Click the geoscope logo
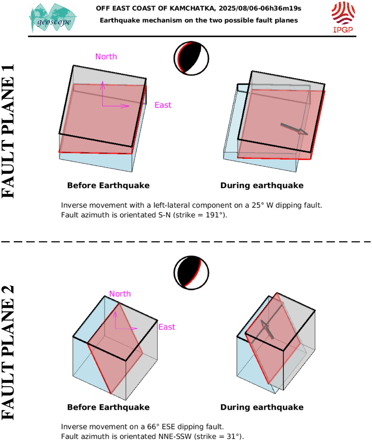pyautogui.click(x=53, y=18)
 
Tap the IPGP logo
pyautogui.click(x=343, y=17)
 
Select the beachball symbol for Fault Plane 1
pyautogui.click(x=191, y=58)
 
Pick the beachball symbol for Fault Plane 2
pyautogui.click(x=191, y=273)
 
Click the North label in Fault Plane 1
pyautogui.click(x=106, y=57)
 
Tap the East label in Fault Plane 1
pyautogui.click(x=163, y=105)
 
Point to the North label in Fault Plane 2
pyautogui.click(x=120, y=294)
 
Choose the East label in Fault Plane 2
pyautogui.click(x=167, y=327)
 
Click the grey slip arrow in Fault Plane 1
pyautogui.click(x=294, y=129)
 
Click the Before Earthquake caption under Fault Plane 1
pyautogui.click(x=108, y=186)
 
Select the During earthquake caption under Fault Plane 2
pyautogui.click(x=262, y=407)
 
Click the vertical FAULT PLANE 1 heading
pyautogui.click(x=8, y=131)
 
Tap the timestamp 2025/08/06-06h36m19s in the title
pyautogui.click(x=260, y=8)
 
